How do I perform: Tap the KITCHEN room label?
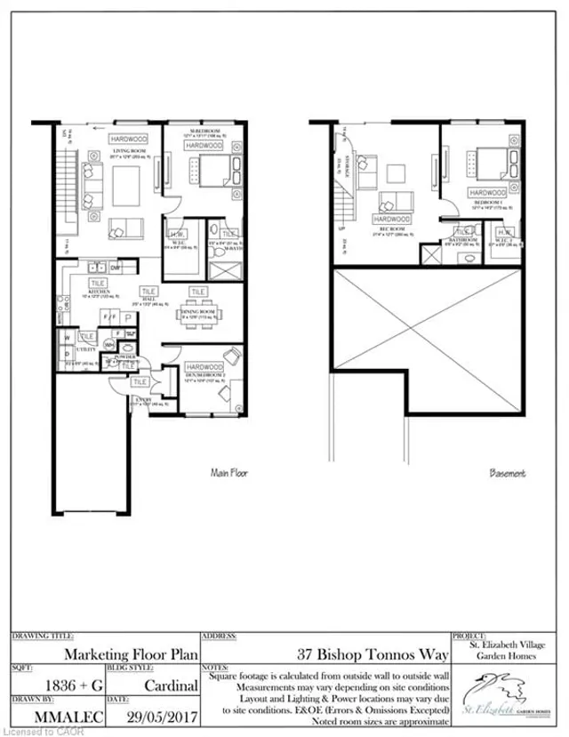[x=98, y=292]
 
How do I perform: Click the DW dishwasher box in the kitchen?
[x=116, y=267]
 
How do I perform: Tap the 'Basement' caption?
[x=508, y=474]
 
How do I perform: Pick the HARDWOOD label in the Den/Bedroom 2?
[x=204, y=366]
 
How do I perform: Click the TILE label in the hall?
[x=148, y=291]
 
